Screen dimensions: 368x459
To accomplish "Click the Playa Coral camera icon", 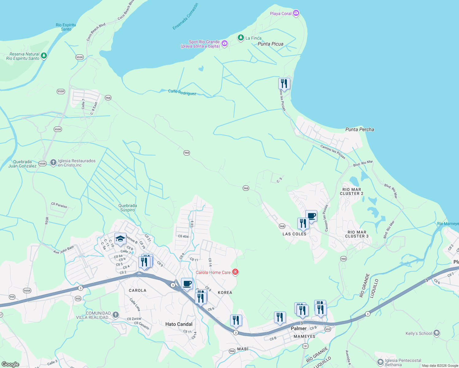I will tap(296, 13).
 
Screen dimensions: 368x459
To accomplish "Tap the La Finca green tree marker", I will tap(241, 38).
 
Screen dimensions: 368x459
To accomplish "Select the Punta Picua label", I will tap(270, 44).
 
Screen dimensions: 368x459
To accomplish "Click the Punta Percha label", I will tap(360, 129).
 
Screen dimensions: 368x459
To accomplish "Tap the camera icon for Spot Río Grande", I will tap(225, 44).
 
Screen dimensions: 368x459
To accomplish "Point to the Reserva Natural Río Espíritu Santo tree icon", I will tap(44, 56).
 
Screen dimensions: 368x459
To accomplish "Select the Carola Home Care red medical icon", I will tap(235, 272).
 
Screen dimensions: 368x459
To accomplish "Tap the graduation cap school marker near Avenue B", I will tap(120, 239).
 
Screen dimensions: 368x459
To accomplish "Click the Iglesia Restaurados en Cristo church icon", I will tap(53, 163).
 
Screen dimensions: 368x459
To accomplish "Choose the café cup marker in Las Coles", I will tap(311, 216).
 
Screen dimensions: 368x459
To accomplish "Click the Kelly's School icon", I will tap(436, 333).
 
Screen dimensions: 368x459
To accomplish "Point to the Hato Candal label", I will tap(179, 324).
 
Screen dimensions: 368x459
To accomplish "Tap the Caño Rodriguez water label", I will tap(182, 92).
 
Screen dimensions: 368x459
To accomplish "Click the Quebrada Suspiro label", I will tap(128, 208).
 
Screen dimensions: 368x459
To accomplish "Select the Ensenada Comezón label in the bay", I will tap(185, 17).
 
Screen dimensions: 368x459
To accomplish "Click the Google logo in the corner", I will tap(10, 364).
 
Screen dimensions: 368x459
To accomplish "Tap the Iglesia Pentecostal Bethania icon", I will tap(380, 362).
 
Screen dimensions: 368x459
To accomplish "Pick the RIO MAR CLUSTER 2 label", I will tap(352, 191).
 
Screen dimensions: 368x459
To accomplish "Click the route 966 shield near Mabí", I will tap(232, 351).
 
